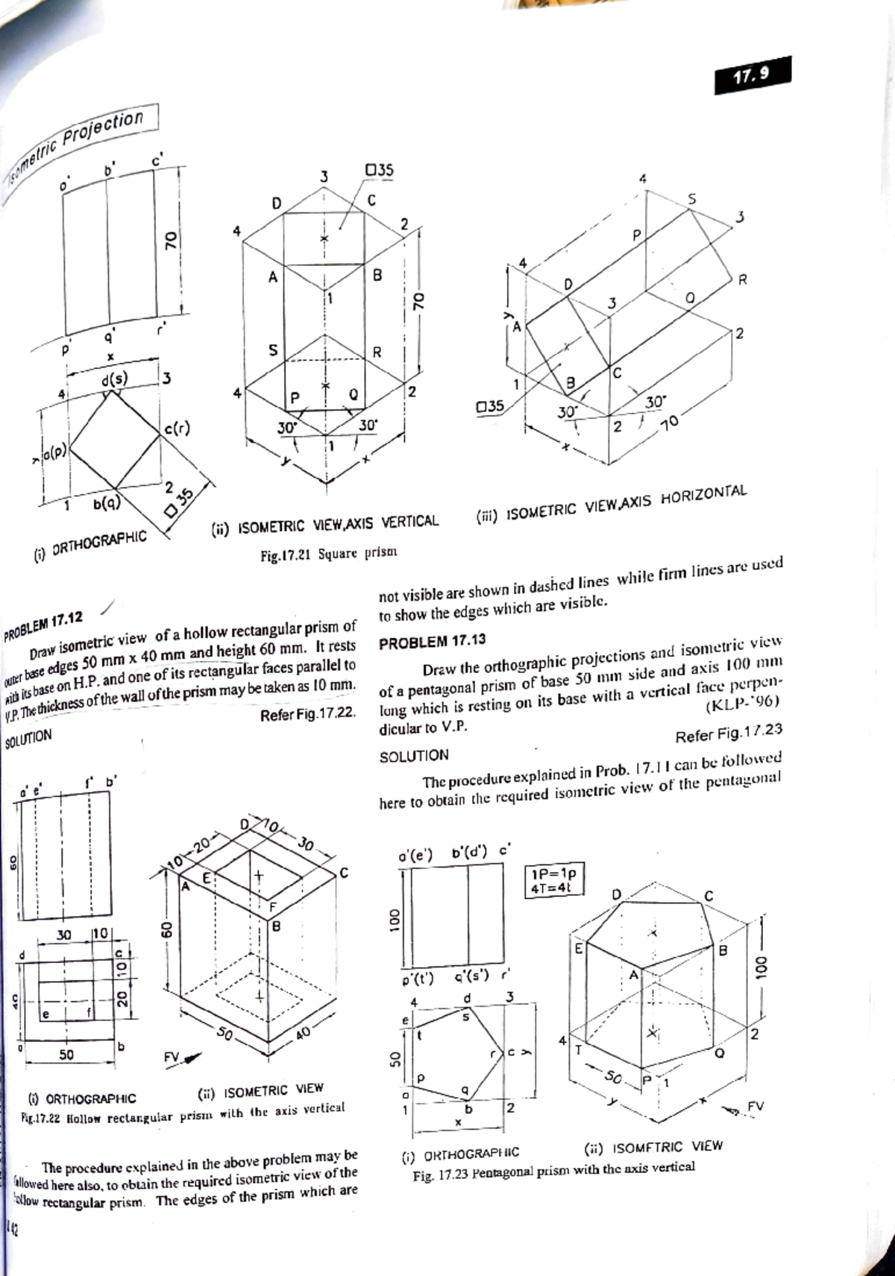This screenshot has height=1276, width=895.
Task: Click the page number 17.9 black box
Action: pyautogui.click(x=751, y=75)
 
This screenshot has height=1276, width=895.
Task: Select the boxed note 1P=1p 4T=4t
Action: pyautogui.click(x=553, y=879)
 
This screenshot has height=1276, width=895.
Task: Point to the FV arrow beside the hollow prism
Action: pyautogui.click(x=182, y=1057)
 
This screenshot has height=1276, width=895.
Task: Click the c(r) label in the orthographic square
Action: pyautogui.click(x=176, y=429)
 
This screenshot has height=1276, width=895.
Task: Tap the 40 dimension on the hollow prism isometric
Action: pyautogui.click(x=301, y=1033)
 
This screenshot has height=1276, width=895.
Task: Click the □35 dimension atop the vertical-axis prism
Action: pyautogui.click(x=378, y=171)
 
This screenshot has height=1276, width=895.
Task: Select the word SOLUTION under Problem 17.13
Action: pyautogui.click(x=414, y=756)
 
